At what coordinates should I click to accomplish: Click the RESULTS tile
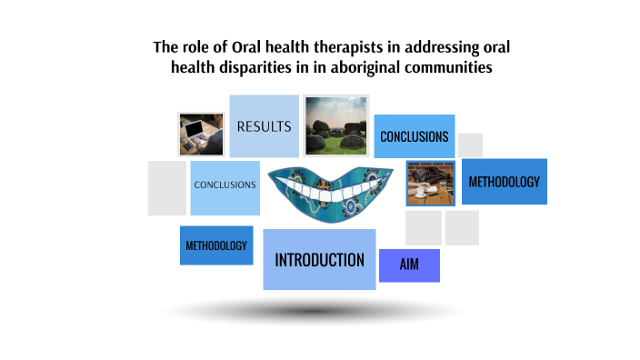coord(264,126)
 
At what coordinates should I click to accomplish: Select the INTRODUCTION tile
coord(319,260)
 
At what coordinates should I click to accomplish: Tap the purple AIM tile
coord(409,265)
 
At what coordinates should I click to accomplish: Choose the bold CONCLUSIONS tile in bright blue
coord(414,136)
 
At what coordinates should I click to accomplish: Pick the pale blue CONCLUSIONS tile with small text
coord(225,185)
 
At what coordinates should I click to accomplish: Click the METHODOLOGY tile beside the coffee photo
coord(504,181)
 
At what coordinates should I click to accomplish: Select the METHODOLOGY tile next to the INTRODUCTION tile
coord(216,245)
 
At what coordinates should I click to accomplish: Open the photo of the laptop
coord(201,134)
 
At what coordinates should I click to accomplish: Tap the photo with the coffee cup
coord(430,183)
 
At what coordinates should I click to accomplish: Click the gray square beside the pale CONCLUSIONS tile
coord(167,188)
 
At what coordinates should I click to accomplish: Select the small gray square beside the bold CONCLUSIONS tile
coord(470,145)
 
